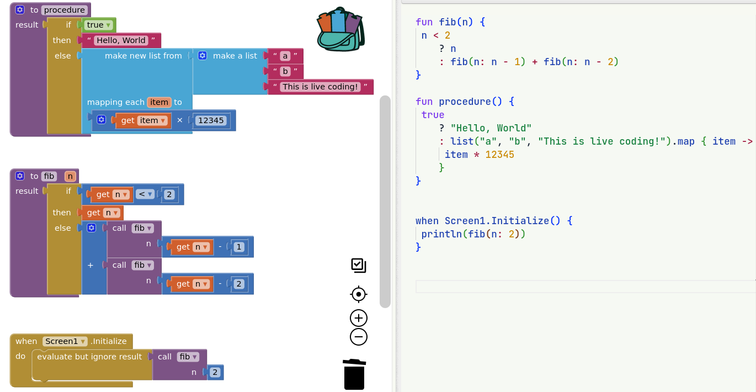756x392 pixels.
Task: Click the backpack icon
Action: [340, 29]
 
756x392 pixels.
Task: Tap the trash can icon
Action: [354, 374]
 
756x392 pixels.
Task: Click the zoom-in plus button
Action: [359, 318]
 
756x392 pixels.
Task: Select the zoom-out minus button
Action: [359, 337]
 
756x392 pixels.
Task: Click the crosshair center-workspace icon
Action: [359, 294]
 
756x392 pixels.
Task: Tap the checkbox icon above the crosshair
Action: [359, 266]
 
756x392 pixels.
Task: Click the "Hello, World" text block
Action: [121, 40]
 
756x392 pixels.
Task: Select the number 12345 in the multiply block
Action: [211, 120]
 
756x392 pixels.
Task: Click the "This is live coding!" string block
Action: [320, 87]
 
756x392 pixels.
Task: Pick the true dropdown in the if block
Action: [99, 25]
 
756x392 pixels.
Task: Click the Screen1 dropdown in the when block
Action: [65, 341]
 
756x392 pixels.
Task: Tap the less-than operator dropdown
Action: [145, 194]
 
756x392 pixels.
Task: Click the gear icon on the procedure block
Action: [20, 10]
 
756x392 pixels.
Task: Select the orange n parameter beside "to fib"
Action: [70, 176]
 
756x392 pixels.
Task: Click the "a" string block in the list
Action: [285, 56]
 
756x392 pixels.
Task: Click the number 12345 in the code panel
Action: [499, 155]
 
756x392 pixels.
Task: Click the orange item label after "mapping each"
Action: [159, 102]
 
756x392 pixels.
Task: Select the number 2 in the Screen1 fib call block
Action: [215, 373]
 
